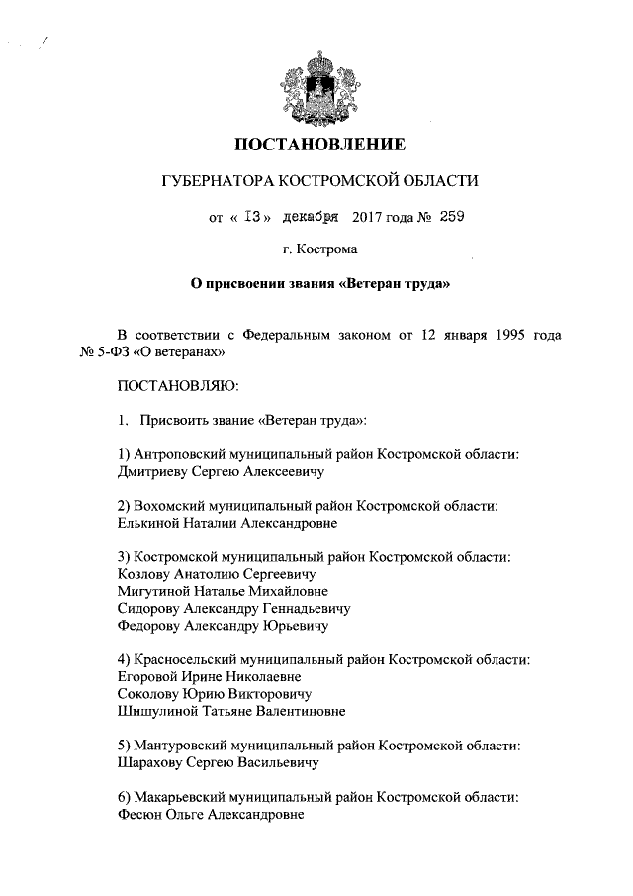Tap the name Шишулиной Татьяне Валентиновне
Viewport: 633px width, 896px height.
tap(230, 712)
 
